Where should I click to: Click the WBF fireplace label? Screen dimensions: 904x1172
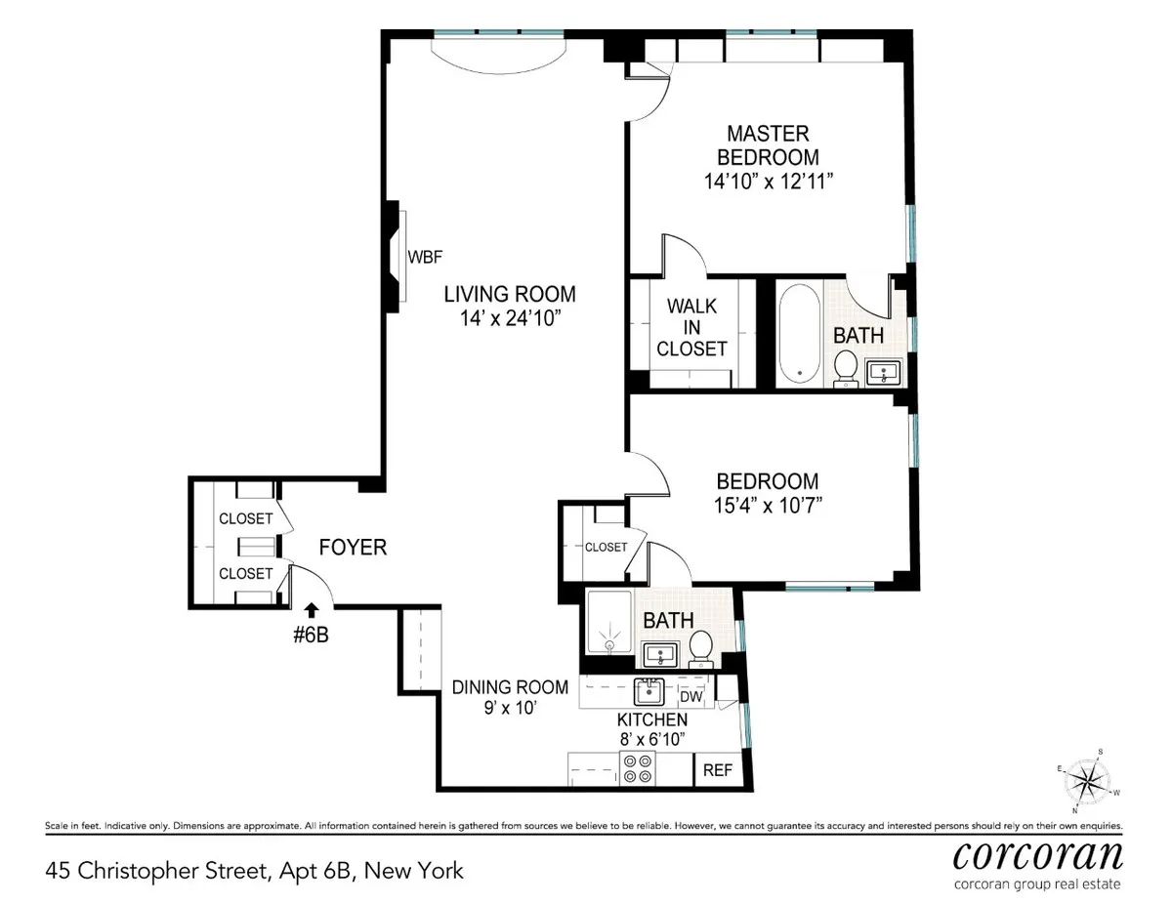pyautogui.click(x=425, y=258)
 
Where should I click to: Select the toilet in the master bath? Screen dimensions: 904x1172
pyautogui.click(x=846, y=368)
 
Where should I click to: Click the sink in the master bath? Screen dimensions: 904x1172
pyautogui.click(x=887, y=372)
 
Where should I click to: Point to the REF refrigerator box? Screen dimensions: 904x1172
pyautogui.click(x=718, y=769)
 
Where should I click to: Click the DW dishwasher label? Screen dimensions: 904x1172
pyautogui.click(x=691, y=696)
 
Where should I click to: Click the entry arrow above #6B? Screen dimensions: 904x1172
pyautogui.click(x=312, y=610)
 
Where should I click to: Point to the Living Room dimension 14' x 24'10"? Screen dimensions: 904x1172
pyautogui.click(x=509, y=317)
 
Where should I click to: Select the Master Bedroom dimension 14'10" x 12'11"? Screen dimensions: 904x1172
pyautogui.click(x=768, y=181)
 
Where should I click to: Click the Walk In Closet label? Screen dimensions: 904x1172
pyautogui.click(x=691, y=327)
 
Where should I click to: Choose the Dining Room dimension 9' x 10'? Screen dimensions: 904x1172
pyautogui.click(x=496, y=710)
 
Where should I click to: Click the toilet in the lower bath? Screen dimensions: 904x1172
pyautogui.click(x=699, y=647)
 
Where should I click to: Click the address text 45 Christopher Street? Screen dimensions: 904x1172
pyautogui.click(x=157, y=869)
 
